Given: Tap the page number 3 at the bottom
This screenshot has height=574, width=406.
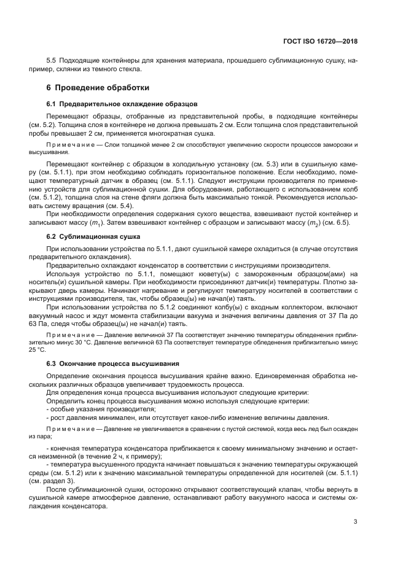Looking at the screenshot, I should point(355,522).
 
